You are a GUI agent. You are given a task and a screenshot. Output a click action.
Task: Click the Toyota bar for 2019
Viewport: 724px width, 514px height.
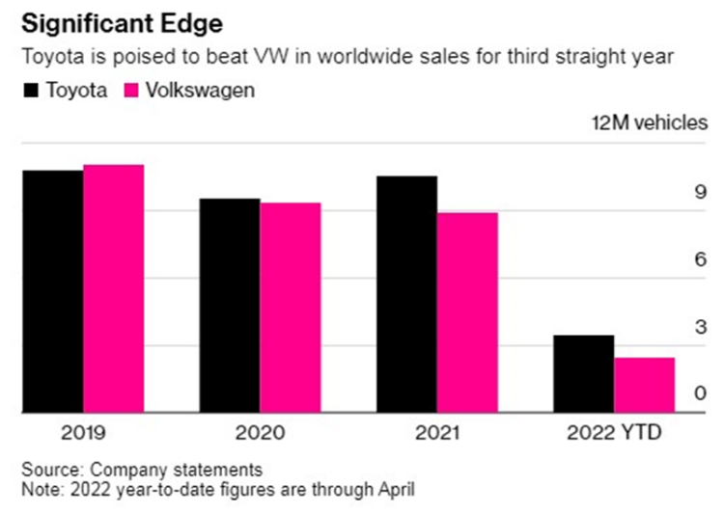[52, 291]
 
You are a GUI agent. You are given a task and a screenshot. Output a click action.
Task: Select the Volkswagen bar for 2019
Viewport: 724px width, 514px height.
[113, 288]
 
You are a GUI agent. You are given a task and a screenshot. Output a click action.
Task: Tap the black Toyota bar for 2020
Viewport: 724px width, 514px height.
[230, 306]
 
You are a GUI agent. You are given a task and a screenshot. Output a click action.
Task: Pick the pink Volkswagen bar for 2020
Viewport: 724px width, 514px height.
[290, 308]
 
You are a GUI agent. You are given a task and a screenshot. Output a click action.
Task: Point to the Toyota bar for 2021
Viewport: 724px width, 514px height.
[406, 294]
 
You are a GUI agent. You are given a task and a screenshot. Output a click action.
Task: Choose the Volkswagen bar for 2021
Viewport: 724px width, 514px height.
[467, 312]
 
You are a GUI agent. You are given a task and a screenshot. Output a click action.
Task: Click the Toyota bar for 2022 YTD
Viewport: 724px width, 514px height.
[584, 374]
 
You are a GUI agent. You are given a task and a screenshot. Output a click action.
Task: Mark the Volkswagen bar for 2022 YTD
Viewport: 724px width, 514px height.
[644, 385]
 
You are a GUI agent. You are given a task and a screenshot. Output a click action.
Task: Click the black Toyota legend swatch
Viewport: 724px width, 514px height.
[30, 92]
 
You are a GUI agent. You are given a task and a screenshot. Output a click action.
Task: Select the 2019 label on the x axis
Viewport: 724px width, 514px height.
[82, 433]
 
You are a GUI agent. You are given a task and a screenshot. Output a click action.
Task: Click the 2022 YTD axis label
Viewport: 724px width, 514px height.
[614, 433]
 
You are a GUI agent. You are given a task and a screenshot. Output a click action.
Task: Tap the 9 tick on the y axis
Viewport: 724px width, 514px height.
[702, 193]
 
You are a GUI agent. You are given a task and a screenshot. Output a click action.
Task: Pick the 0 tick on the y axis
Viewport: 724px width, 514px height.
[702, 393]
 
